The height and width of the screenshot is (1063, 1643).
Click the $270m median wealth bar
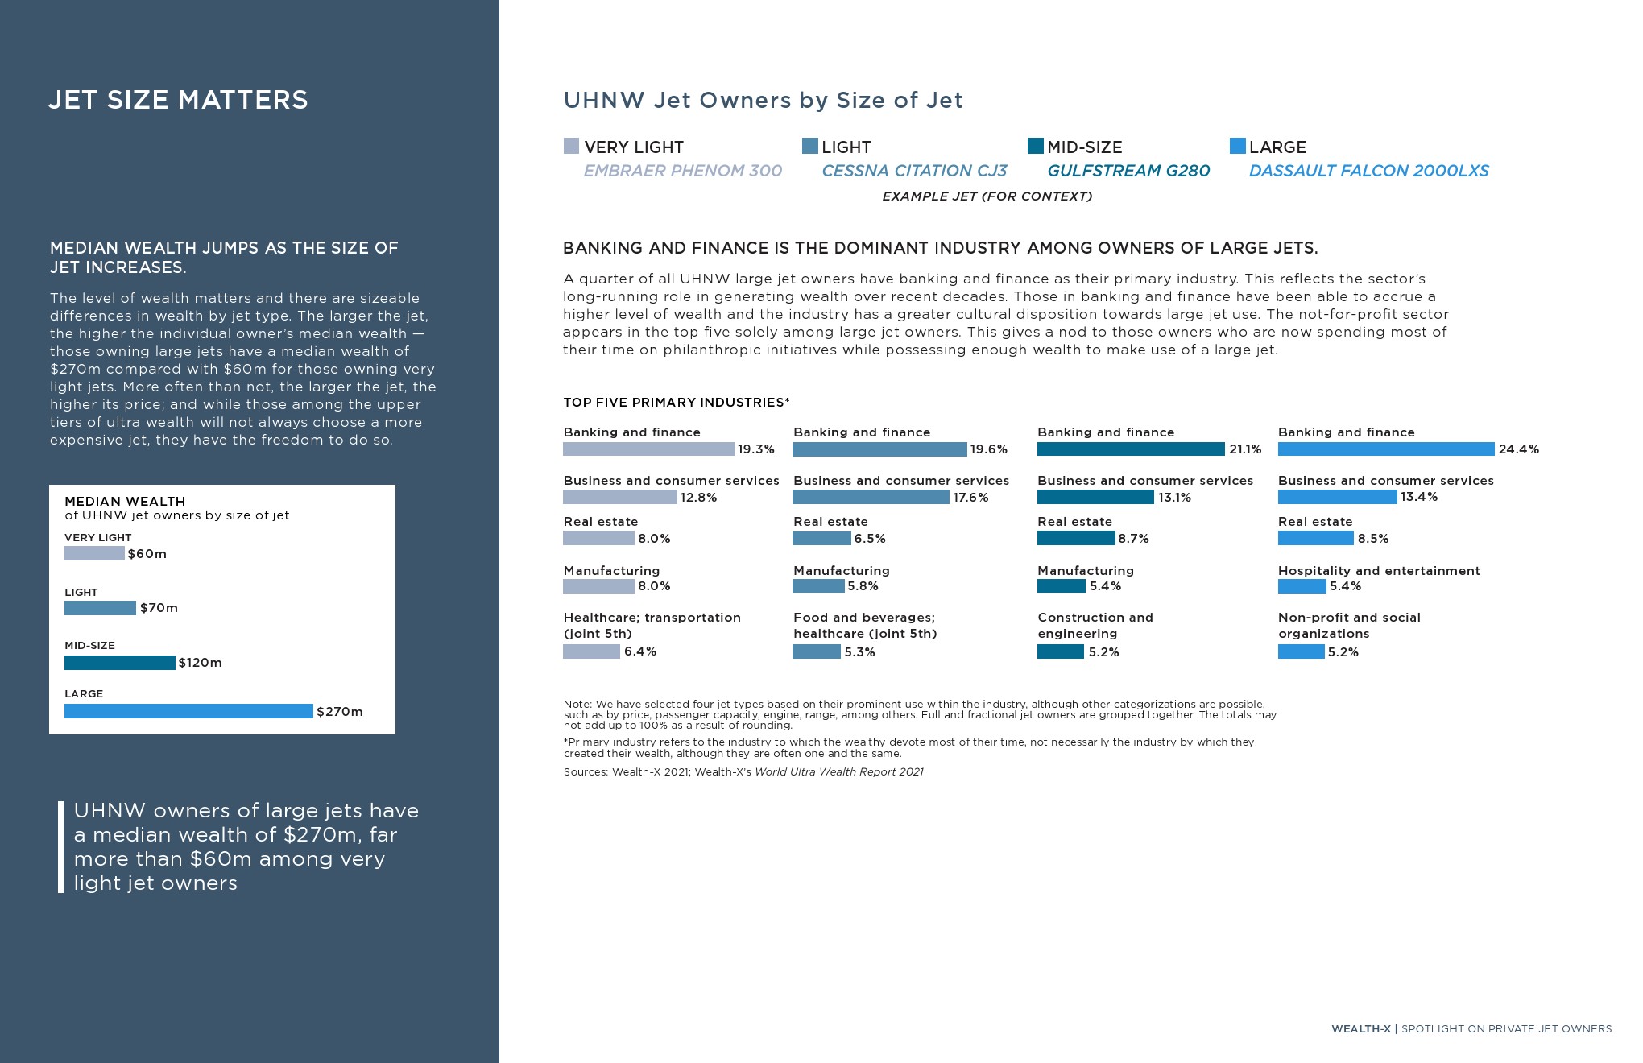coord(188,711)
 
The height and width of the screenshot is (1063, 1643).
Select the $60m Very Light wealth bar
coord(94,553)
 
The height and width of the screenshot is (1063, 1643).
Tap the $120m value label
coord(200,663)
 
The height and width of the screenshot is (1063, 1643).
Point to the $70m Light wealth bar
coord(100,608)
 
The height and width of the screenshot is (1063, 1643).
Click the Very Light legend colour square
coord(571,146)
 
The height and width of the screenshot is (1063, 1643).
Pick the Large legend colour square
coord(1237,146)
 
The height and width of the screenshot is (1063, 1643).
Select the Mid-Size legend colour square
coord(1035,146)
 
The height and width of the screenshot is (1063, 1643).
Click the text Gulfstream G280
coord(1128,171)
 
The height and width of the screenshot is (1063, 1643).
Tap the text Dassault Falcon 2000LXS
coord(1368,171)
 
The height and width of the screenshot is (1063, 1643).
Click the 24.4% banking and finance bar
coord(1385,449)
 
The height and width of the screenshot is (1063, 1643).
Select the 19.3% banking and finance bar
coord(648,449)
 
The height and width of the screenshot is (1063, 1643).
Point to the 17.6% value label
coord(970,498)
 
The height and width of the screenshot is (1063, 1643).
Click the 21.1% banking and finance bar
coord(1131,449)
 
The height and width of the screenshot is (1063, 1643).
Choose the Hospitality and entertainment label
coord(1378,571)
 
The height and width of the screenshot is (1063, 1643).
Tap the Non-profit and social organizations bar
coord(1301,651)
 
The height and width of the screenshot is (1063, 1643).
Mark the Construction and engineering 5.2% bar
coord(1060,651)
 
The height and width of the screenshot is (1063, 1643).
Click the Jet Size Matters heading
coord(178,100)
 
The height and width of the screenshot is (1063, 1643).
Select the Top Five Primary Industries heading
coord(676,403)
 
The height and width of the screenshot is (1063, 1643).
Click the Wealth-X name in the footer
coord(1360,1028)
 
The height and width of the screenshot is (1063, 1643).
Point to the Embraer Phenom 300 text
coord(682,171)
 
